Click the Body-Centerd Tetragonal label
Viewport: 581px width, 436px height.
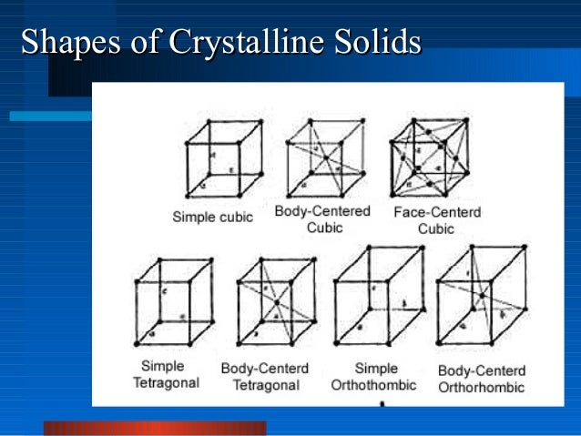click(264, 377)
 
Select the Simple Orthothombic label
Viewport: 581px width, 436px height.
click(374, 377)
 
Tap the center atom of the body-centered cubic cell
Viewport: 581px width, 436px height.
click(326, 157)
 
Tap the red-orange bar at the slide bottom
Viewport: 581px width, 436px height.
click(155, 428)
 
